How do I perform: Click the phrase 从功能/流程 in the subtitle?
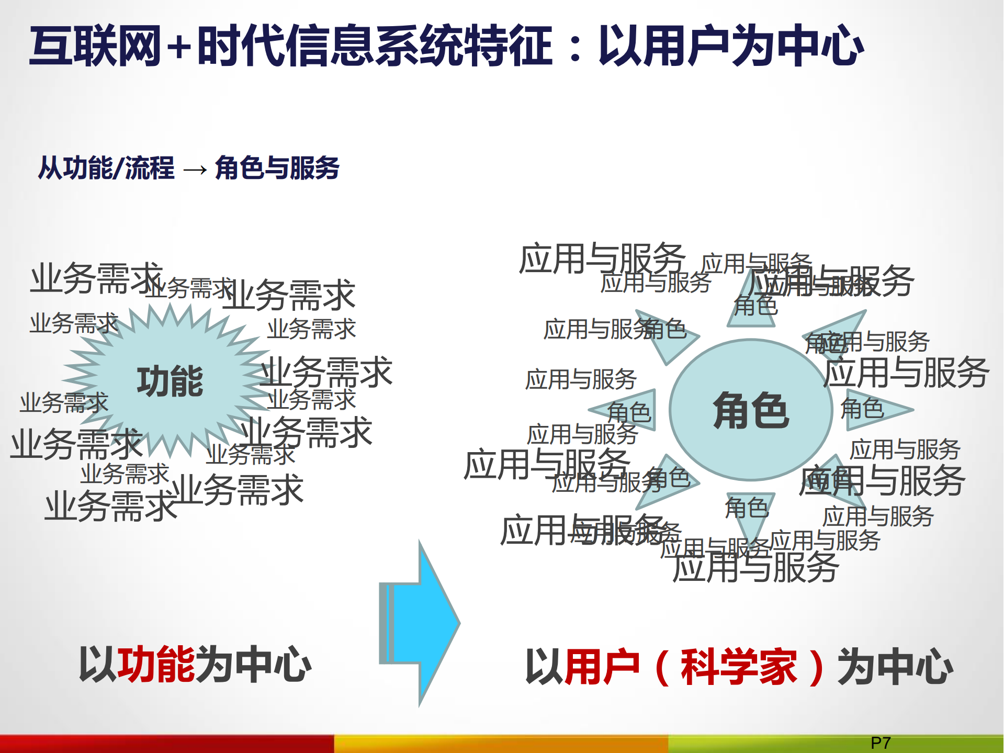click(106, 168)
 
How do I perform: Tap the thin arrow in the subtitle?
click(195, 170)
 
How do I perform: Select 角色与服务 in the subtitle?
click(277, 168)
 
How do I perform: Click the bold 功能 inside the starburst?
click(170, 381)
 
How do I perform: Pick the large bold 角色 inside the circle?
click(751, 411)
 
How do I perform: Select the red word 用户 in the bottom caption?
click(602, 667)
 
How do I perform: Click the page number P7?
click(881, 743)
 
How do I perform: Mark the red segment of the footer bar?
click(167, 744)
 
